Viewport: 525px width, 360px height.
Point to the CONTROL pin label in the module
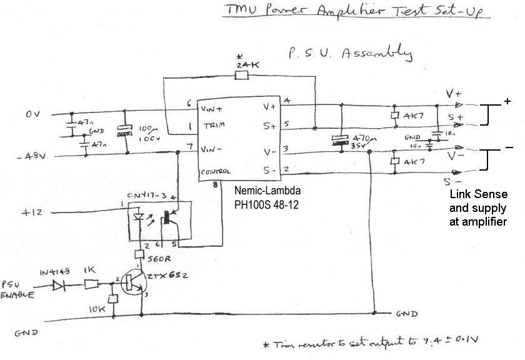(x=216, y=171)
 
